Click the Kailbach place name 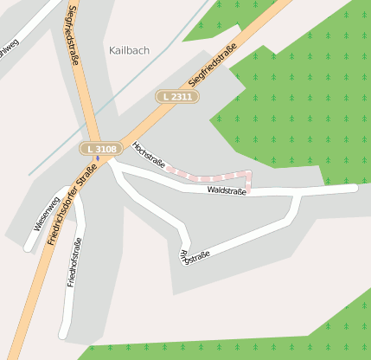[x=130, y=50]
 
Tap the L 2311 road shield [x=176, y=97]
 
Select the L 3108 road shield [x=100, y=150]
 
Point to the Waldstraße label [x=227, y=190]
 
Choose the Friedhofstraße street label [x=74, y=261]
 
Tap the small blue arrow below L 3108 [x=98, y=159]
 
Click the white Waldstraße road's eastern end [x=353, y=188]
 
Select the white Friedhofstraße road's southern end [x=63, y=335]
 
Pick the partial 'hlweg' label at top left [x=8, y=46]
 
